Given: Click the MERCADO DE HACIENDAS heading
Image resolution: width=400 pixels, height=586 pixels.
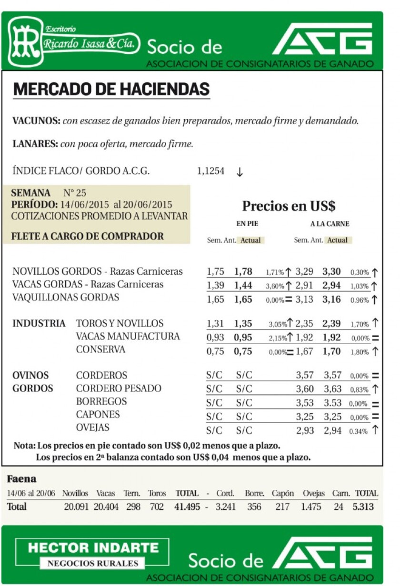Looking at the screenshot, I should (111, 89).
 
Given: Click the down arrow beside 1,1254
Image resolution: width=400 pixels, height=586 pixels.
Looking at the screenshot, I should (240, 172).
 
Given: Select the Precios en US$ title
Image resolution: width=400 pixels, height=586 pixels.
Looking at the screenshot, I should (289, 206).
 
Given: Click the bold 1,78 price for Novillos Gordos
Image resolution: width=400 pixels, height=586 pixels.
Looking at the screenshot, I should (243, 272).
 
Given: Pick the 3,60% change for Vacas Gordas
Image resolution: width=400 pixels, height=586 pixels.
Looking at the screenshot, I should (275, 286).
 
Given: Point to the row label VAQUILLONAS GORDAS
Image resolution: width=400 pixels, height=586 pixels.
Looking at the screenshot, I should (66, 298).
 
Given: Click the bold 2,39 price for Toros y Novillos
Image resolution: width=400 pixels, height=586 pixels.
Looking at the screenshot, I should (331, 324).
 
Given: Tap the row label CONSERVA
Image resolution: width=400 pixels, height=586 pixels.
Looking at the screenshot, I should (100, 349).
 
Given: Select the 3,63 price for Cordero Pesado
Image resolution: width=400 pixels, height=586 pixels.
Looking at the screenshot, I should (332, 388).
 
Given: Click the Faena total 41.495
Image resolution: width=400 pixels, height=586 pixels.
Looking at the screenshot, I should (187, 507).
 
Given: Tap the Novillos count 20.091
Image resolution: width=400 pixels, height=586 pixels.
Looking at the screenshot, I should (76, 507).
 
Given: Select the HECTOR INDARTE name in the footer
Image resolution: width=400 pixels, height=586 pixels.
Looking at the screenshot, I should (93, 548).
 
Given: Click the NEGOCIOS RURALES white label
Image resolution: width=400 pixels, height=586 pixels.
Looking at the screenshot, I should (93, 564).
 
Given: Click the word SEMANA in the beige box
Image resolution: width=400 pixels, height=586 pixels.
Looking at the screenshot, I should (30, 193).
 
